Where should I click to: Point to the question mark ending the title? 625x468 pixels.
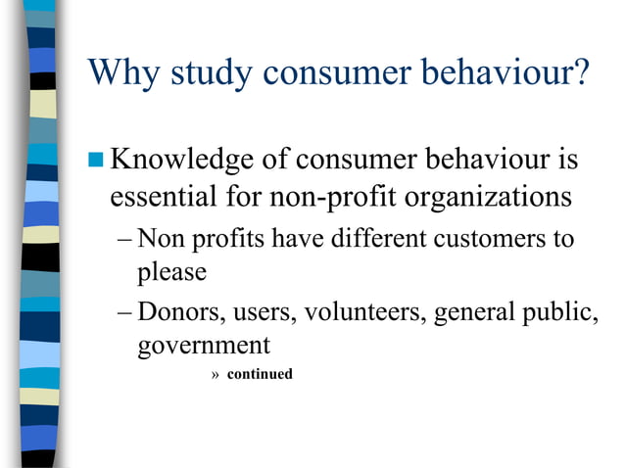(578, 72)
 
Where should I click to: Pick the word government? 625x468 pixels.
(204, 347)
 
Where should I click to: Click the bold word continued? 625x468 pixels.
(260, 374)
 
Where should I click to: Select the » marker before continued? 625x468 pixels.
(216, 375)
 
